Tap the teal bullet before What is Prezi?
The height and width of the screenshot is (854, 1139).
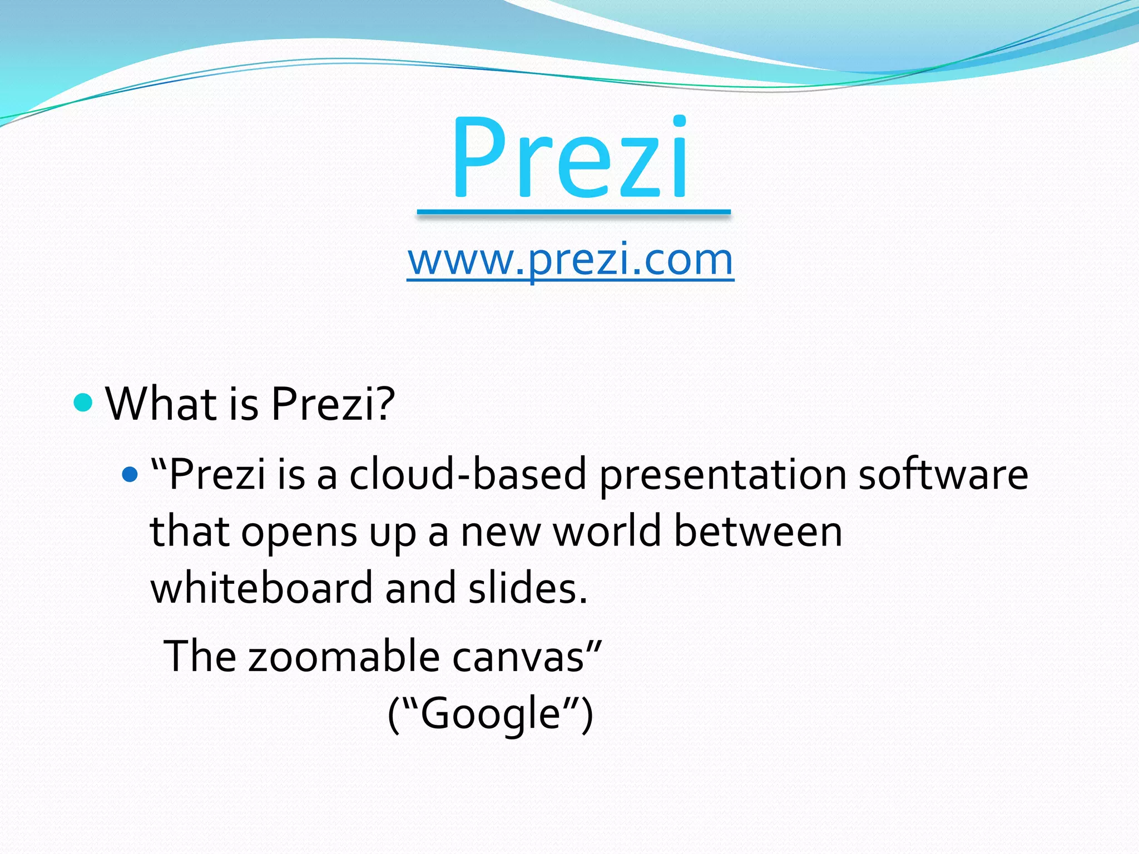click(83, 402)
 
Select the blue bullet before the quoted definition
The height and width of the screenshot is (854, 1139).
click(130, 474)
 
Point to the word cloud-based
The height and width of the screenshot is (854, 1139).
click(468, 474)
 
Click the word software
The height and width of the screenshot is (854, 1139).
click(943, 474)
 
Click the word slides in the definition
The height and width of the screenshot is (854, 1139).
click(527, 588)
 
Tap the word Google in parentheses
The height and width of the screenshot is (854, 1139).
click(490, 714)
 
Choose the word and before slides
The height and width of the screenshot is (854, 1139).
click(420, 588)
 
